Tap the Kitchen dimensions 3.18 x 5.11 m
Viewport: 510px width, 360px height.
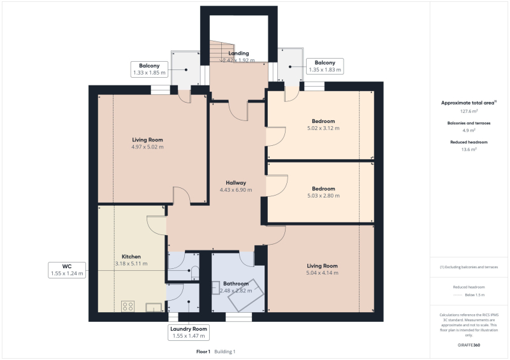pyautogui.click(x=131, y=264)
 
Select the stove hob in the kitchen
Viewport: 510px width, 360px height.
pyautogui.click(x=128, y=306)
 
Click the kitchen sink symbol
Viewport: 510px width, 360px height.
pyautogui.click(x=154, y=307)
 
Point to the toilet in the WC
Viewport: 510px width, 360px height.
pyautogui.click(x=195, y=273)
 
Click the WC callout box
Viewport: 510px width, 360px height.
pyautogui.click(x=67, y=270)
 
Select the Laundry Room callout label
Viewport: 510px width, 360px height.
pyautogui.click(x=189, y=333)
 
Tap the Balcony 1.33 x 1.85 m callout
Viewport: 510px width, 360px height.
pyautogui.click(x=149, y=69)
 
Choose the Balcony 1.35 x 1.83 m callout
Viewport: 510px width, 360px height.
pyautogui.click(x=325, y=66)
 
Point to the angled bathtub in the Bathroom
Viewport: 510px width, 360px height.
pyautogui.click(x=245, y=294)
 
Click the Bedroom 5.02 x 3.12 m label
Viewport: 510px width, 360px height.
pyautogui.click(x=323, y=124)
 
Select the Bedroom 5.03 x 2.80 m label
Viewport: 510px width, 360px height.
pyautogui.click(x=323, y=192)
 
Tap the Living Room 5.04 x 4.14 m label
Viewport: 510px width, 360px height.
pyautogui.click(x=322, y=270)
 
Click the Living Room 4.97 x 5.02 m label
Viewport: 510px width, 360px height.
pyautogui.click(x=147, y=143)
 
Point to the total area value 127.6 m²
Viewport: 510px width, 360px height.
pyautogui.click(x=469, y=112)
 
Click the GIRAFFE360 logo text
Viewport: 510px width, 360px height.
pyautogui.click(x=469, y=345)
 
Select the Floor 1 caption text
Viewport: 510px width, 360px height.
pyautogui.click(x=203, y=352)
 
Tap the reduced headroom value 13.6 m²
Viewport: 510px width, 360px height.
pyautogui.click(x=469, y=150)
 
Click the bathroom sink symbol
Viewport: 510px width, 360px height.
pyautogui.click(x=215, y=288)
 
